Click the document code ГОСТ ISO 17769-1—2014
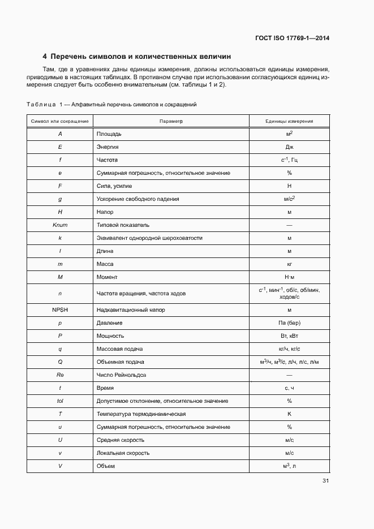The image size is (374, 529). coord(293,38)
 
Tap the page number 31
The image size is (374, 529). coord(325,481)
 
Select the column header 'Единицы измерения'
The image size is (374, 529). coord(289,122)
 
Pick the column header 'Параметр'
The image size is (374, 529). coord(171,122)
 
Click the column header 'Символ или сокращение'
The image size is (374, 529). coord(60,122)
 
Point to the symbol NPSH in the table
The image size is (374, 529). coord(60,310)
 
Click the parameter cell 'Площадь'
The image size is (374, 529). coord(109,135)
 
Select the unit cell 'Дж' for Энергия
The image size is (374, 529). coord(289,147)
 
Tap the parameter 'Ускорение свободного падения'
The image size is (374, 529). coord(137,199)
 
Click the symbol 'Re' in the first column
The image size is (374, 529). coord(60,375)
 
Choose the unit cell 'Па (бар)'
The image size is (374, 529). coord(289,323)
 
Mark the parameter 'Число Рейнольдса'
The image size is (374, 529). coord(121,375)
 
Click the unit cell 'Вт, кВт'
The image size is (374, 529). coord(289,336)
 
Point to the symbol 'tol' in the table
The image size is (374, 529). coord(60,401)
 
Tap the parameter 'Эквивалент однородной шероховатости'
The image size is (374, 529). coord(149,238)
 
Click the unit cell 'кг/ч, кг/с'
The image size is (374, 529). coord(289,349)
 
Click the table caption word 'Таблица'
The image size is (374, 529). coord(41,105)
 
